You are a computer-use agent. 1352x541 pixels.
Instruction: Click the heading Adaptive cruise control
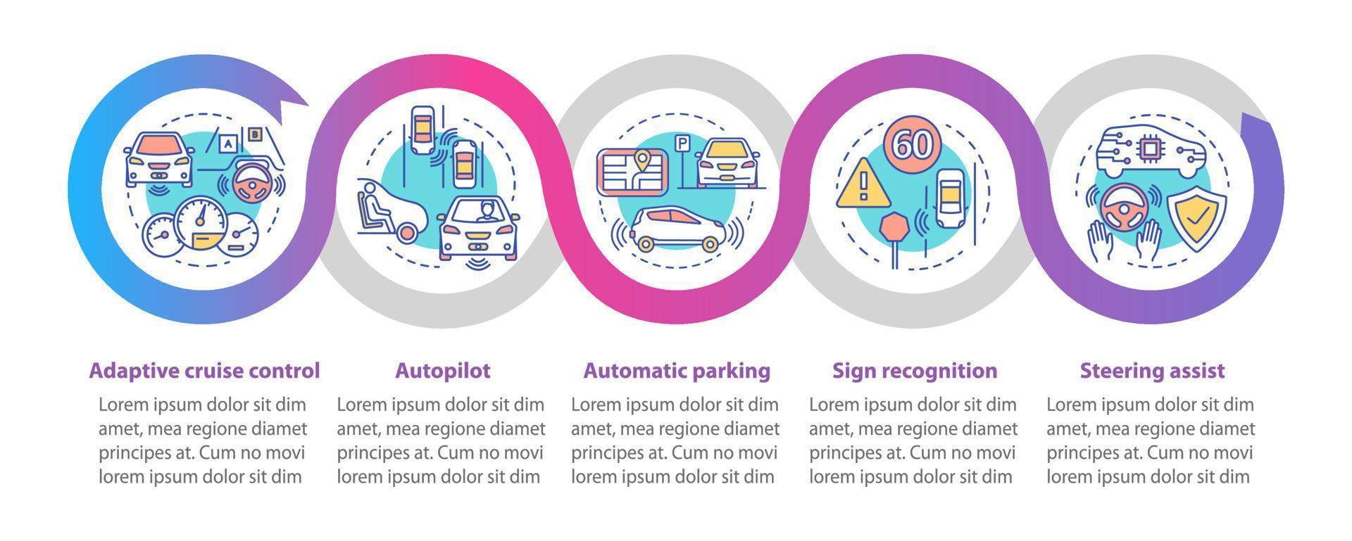204,370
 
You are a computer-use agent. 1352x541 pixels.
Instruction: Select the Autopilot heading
442,370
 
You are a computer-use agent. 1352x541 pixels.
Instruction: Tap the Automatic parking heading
677,370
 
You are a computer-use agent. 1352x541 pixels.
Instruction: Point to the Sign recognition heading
914,370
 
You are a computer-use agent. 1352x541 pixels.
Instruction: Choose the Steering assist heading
1152,370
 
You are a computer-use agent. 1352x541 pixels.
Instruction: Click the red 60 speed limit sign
913,144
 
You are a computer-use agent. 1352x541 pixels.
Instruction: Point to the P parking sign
682,144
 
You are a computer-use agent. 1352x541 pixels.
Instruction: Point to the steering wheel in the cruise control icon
252,184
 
